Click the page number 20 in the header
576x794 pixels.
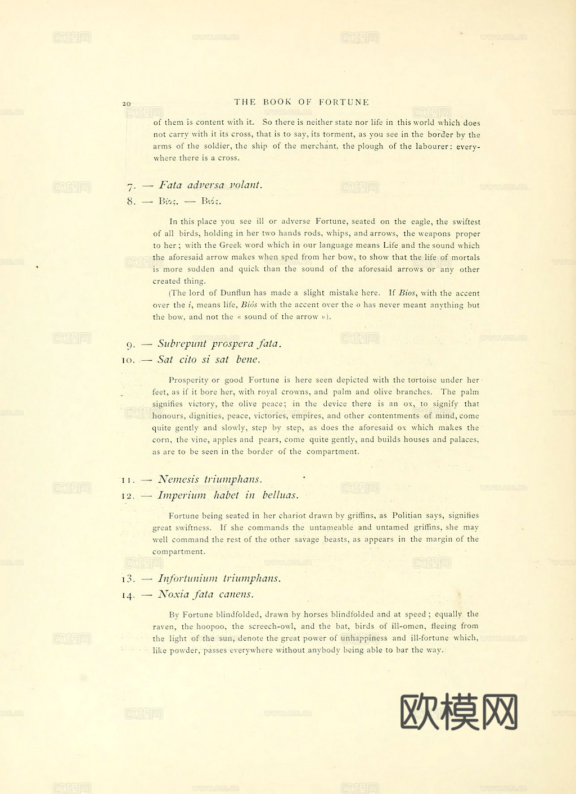[x=127, y=104]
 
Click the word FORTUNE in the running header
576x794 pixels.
[x=344, y=102]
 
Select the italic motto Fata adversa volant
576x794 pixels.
[x=210, y=185]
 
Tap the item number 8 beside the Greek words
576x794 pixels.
[x=131, y=201]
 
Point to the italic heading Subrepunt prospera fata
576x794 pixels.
[x=219, y=343]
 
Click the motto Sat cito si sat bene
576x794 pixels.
[x=209, y=360]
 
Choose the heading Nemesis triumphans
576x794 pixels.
[x=210, y=479]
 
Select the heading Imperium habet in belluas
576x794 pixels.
[x=228, y=495]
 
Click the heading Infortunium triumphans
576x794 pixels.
[x=219, y=578]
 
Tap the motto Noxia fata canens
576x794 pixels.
[x=205, y=594]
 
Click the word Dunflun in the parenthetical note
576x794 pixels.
[x=235, y=293]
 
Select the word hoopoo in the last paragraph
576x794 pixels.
[x=211, y=626]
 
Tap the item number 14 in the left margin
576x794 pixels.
[x=128, y=595]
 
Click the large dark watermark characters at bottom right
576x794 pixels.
[x=458, y=711]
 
